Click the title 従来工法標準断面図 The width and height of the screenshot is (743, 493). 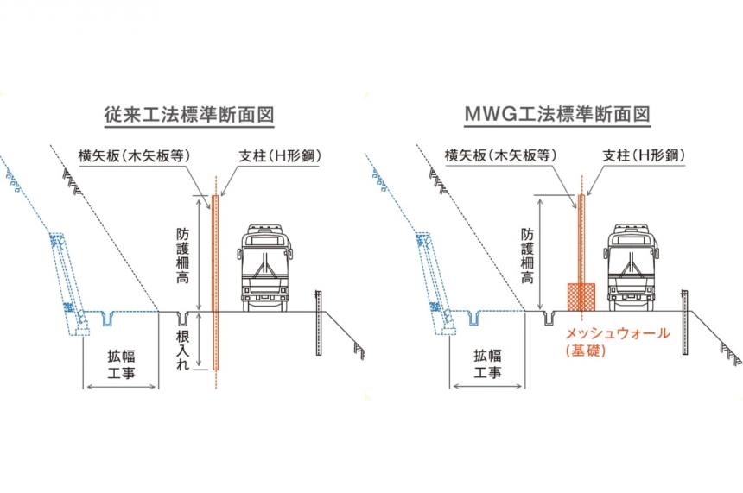point(181,115)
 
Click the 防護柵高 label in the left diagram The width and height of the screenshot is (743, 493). point(181,253)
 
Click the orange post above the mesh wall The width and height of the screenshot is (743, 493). point(581,237)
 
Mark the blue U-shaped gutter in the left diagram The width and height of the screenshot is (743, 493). point(107,319)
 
